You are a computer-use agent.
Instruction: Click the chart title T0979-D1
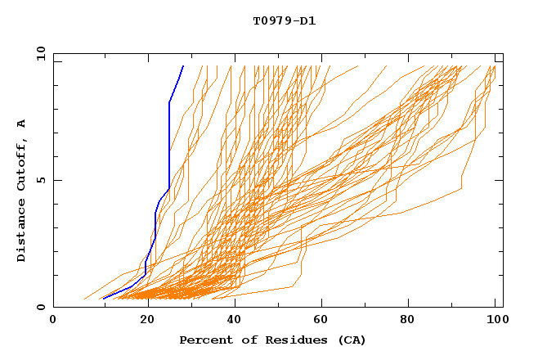pyautogui.click(x=284, y=20)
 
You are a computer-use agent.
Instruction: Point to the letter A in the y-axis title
pyautogui.click(x=21, y=124)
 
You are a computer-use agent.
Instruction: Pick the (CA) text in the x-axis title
pyautogui.click(x=349, y=340)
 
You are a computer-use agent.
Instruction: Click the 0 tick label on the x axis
pyautogui.click(x=53, y=320)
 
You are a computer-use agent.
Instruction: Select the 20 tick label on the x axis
pyautogui.click(x=141, y=320)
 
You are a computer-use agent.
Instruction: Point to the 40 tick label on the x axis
pyautogui.click(x=231, y=320)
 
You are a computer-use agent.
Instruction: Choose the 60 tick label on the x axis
pyautogui.click(x=319, y=320)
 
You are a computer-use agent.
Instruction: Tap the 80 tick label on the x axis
pyautogui.click(x=407, y=320)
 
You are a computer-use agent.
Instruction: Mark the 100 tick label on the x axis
pyautogui.click(x=495, y=320)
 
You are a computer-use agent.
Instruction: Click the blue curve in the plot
pyautogui.click(x=169, y=147)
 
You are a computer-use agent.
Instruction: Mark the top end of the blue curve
pyautogui.click(x=183, y=66)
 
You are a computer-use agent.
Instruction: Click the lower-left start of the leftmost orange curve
pyautogui.click(x=84, y=299)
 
